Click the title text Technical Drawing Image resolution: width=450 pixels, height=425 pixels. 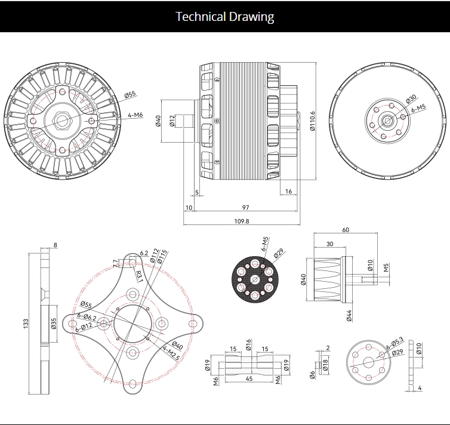225,16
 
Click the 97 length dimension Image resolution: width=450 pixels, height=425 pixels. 246,207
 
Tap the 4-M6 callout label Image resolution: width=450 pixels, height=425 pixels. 134,115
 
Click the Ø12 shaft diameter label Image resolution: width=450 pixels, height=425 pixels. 172,122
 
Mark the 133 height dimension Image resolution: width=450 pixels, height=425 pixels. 26,323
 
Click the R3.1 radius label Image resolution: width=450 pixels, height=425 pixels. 138,276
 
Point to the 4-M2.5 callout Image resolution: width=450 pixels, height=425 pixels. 171,353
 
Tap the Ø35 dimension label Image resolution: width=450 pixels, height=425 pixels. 54,324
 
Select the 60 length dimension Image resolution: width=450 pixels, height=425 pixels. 346,230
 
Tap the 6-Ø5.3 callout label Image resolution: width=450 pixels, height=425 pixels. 394,345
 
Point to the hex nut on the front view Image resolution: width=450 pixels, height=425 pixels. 63,120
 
